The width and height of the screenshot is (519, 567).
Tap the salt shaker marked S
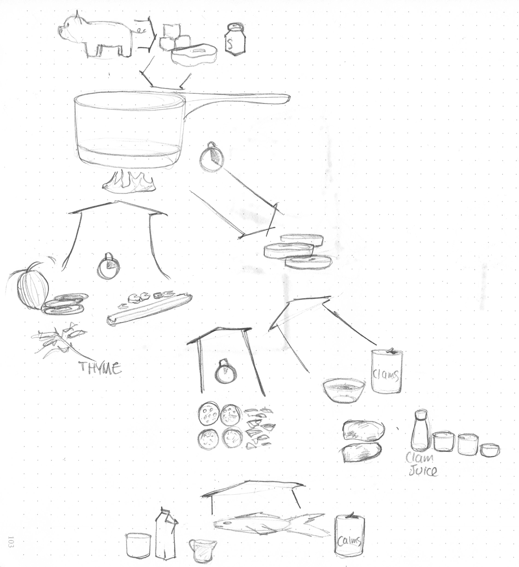click(x=235, y=38)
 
